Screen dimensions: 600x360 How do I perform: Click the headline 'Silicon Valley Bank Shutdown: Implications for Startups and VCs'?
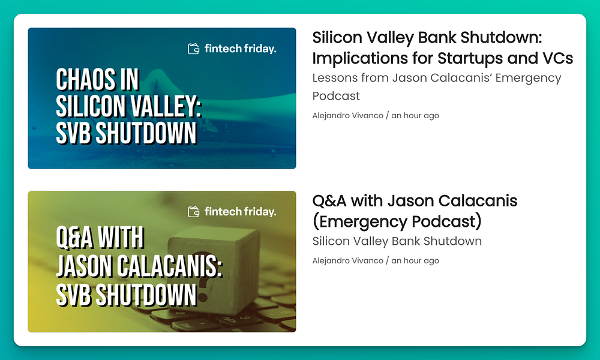tap(443, 48)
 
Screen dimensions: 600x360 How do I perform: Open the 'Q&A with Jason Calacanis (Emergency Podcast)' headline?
tap(415, 211)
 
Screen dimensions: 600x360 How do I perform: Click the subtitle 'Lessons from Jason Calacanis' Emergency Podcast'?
tap(437, 87)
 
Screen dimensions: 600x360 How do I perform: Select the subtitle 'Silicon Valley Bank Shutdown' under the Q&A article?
tap(397, 241)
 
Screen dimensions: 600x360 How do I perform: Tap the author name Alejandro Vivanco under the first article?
tap(347, 116)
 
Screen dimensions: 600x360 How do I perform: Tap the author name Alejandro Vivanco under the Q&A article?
tap(347, 260)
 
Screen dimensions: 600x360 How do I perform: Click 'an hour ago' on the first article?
tap(415, 116)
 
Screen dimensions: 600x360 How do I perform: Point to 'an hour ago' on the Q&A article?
tap(415, 260)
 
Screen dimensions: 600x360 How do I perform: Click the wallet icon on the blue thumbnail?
tap(194, 49)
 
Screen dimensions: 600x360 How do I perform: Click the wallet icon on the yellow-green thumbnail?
tap(194, 212)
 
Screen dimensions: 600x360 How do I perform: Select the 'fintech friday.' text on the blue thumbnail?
tap(241, 49)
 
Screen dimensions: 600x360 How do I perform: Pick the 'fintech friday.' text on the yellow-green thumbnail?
tap(241, 212)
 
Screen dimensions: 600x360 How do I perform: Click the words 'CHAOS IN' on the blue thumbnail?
tap(98, 80)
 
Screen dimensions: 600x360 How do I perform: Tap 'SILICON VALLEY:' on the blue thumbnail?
tap(129, 106)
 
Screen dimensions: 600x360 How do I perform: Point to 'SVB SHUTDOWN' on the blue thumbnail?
tap(126, 133)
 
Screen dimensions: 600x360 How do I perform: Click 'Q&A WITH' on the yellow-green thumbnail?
tap(100, 238)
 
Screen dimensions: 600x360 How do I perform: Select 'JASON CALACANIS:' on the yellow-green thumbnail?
tap(139, 266)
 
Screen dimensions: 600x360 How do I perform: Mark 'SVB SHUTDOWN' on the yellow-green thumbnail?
tap(126, 295)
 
